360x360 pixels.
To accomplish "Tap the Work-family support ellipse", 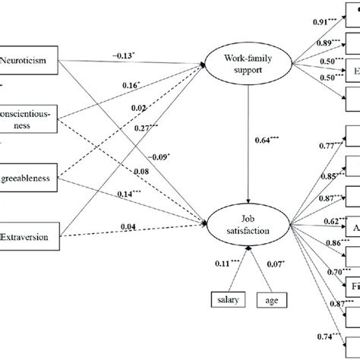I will [x=248, y=62].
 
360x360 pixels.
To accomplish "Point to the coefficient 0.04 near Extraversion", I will [x=128, y=226].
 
